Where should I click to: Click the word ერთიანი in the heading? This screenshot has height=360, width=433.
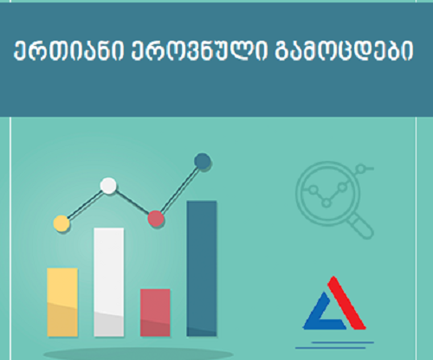tap(69, 51)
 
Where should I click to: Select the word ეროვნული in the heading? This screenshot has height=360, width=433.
tap(200, 51)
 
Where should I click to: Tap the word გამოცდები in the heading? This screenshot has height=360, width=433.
tap(344, 51)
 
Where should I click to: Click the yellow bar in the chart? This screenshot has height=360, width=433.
tap(62, 302)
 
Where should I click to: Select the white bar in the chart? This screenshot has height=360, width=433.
tap(109, 282)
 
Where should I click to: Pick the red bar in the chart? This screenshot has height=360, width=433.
tap(155, 312)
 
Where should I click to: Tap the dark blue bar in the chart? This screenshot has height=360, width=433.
tap(202, 268)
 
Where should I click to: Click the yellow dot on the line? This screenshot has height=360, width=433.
tap(61, 223)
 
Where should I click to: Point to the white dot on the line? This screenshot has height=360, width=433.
tap(108, 186)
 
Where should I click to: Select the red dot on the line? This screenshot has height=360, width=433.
tap(156, 219)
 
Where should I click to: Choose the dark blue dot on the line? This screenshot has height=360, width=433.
tap(203, 162)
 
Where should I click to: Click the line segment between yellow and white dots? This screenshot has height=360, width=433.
tap(85, 204)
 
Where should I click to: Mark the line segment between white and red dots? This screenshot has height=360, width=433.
tap(132, 202)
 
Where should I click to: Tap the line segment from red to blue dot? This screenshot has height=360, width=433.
tap(179, 190)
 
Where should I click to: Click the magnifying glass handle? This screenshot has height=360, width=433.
tap(360, 226)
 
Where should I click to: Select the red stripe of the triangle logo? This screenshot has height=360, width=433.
tap(346, 303)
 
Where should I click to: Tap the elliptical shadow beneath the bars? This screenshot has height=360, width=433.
tap(139, 354)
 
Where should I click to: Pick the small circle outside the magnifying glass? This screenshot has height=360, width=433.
tap(361, 168)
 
